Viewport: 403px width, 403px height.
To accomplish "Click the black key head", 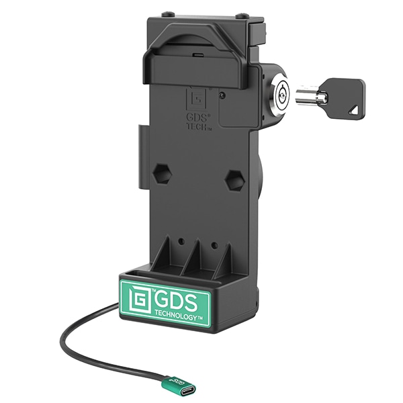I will tap(347, 95).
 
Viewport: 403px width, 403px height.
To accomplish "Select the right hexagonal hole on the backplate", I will tap(234, 180).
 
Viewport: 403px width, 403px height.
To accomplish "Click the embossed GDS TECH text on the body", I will tap(199, 122).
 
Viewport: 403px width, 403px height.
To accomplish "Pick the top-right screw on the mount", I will tap(242, 15).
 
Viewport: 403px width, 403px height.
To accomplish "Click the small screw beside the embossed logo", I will tap(222, 95).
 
